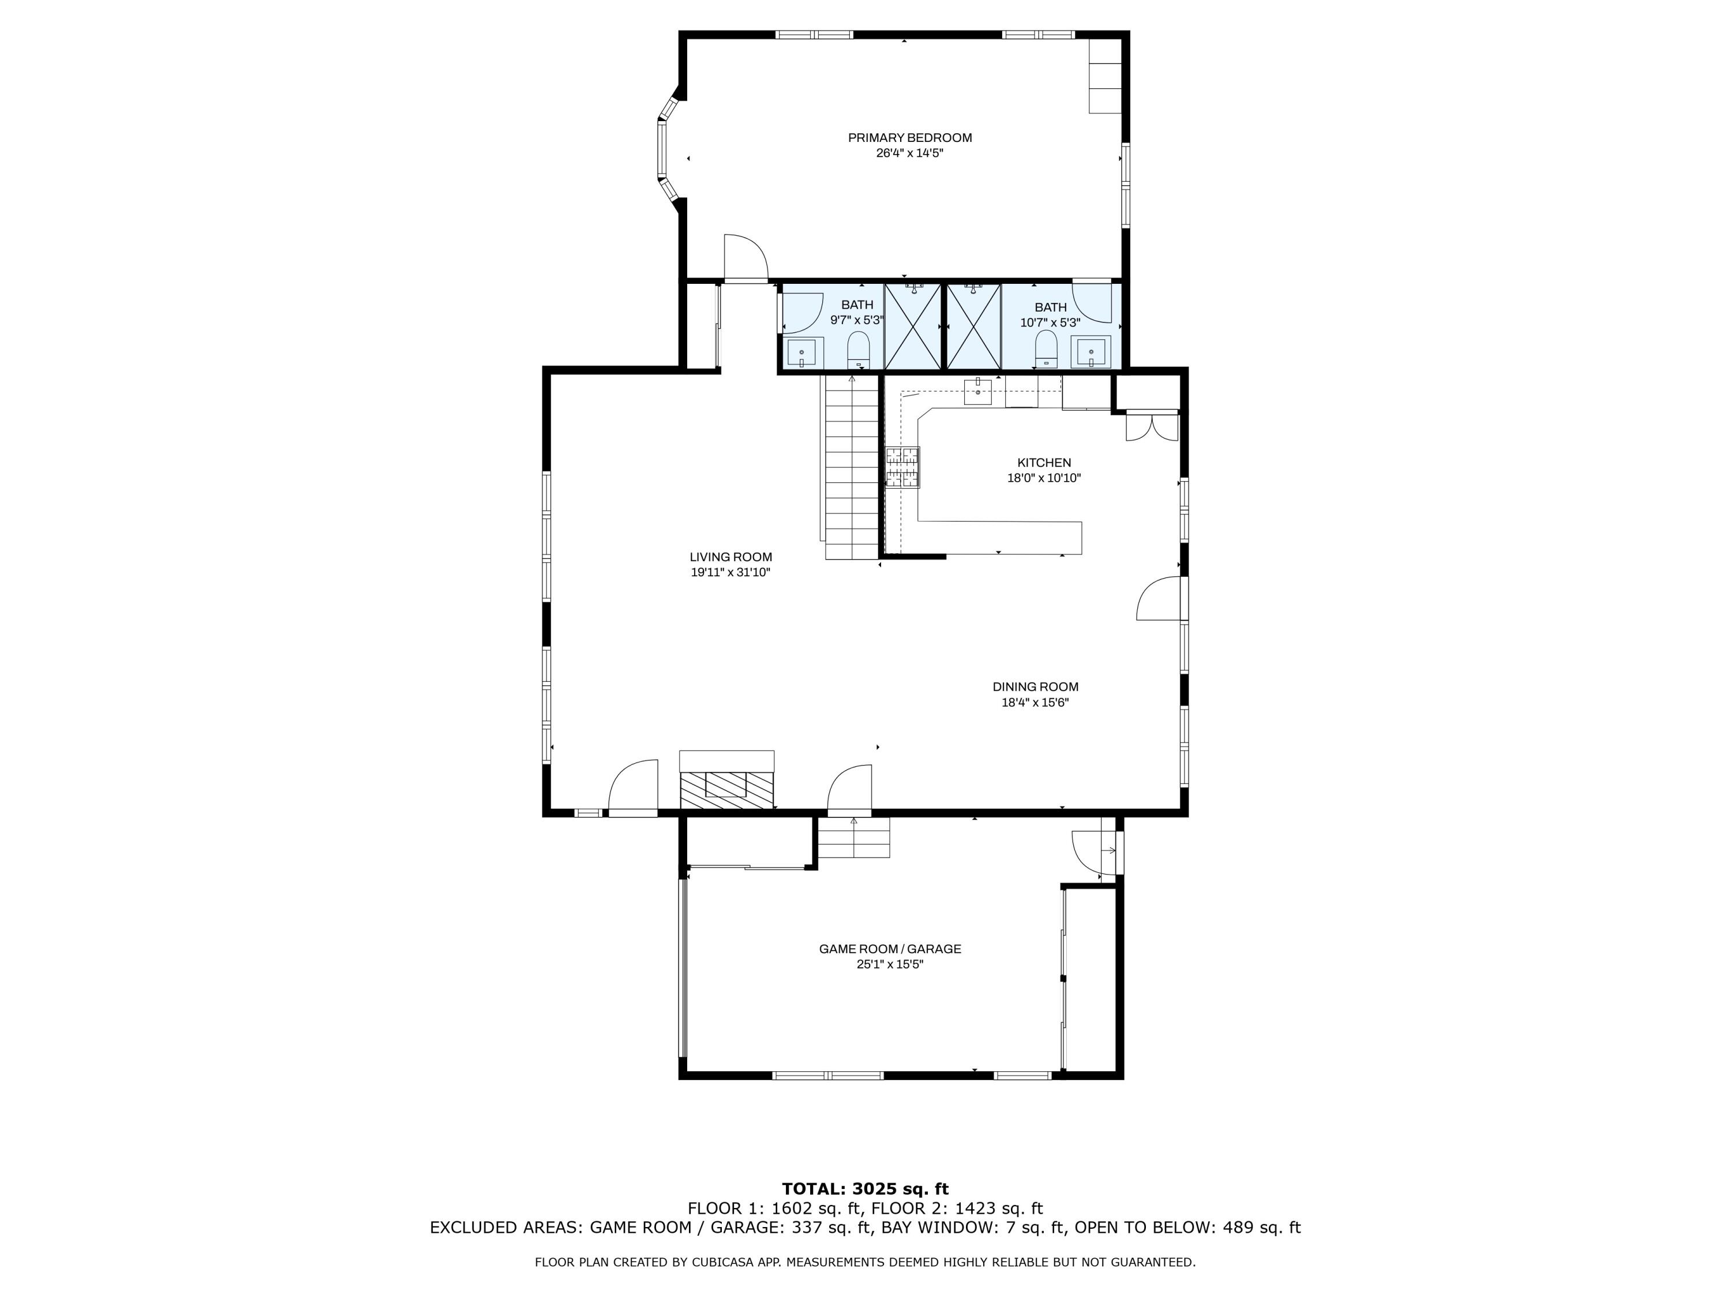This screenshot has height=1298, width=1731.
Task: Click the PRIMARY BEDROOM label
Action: click(909, 138)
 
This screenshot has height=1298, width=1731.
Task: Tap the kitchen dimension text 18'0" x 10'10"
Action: click(1043, 478)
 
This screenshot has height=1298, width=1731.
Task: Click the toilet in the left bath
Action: click(859, 349)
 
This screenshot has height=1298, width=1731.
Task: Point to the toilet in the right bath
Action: click(1046, 348)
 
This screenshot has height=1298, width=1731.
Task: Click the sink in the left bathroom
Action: click(802, 353)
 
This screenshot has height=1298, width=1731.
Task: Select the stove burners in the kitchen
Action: click(902, 467)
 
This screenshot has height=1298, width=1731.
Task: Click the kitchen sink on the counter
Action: click(977, 391)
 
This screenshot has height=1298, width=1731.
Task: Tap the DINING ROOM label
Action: click(1035, 687)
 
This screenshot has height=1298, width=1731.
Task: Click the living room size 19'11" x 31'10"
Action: click(730, 573)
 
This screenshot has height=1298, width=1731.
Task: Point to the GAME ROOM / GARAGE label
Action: click(890, 949)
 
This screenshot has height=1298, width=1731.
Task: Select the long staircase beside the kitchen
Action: click(852, 470)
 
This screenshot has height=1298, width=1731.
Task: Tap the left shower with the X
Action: click(912, 327)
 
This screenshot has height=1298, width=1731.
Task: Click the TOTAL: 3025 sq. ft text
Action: click(865, 1189)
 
